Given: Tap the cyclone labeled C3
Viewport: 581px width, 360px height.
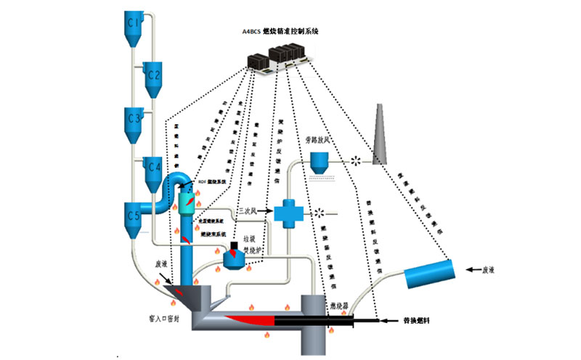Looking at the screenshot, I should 133,120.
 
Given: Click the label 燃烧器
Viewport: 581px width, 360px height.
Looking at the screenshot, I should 341,306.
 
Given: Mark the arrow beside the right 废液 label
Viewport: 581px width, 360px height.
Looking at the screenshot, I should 473,269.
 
